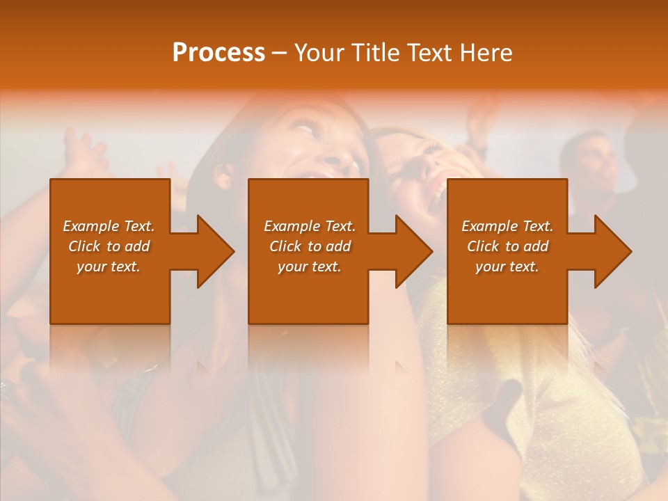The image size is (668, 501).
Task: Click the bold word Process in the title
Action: click(218, 53)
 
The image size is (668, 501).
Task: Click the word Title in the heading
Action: click(373, 53)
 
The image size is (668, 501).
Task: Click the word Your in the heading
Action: click(319, 53)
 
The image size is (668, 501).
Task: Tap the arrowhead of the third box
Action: click(613, 251)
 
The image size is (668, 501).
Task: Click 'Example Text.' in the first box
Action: click(109, 226)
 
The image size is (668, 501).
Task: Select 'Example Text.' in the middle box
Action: click(310, 226)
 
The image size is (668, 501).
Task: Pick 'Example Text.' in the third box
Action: click(507, 226)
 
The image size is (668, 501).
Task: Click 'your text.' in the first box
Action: click(109, 267)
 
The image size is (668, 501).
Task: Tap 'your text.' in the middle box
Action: click(310, 267)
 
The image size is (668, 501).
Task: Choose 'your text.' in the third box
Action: click(507, 267)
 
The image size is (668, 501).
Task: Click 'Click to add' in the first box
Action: click(109, 246)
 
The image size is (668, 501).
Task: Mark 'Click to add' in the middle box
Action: click(310, 246)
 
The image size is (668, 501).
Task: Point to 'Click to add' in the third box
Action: click(507, 246)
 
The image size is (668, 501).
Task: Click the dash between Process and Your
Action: click(280, 54)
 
